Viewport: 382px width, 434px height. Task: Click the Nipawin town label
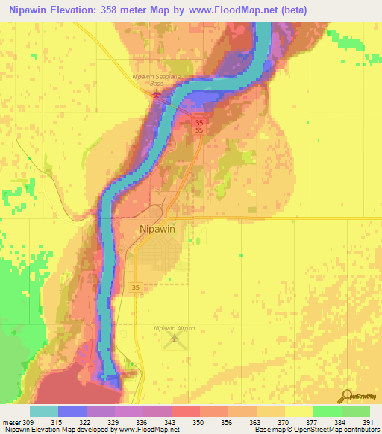click(x=157, y=230)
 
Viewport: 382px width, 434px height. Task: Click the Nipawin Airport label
click(x=174, y=328)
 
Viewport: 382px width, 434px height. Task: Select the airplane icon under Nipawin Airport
click(x=175, y=340)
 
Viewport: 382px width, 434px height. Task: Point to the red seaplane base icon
click(x=156, y=93)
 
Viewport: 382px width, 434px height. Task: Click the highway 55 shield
click(x=198, y=130)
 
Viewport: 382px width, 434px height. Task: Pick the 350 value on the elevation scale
click(x=199, y=422)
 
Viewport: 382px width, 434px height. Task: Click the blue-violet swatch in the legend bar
click(x=72, y=412)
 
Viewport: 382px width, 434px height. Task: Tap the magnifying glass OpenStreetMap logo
click(x=345, y=397)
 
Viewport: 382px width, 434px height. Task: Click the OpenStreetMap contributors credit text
click(x=337, y=430)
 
